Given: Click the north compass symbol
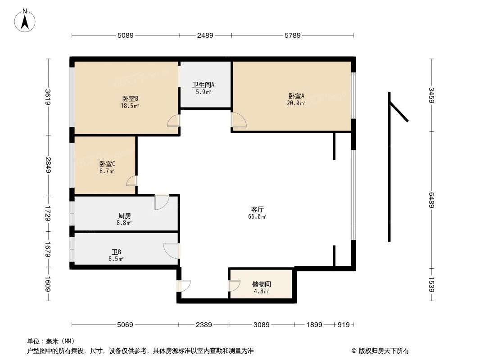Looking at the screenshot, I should (x=25, y=20).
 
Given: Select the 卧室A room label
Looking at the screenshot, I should (x=296, y=96).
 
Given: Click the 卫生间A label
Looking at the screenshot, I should (x=203, y=85).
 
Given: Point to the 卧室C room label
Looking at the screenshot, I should (x=107, y=164).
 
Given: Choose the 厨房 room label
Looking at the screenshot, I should (x=124, y=216).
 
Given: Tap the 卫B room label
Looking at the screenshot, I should (x=116, y=252).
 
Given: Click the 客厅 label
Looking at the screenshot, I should (x=257, y=209).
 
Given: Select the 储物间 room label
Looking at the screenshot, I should (x=261, y=284).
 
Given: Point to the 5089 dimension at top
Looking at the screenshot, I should (x=125, y=35).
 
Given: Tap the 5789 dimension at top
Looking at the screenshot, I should (x=292, y=35).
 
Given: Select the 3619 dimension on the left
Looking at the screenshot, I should (x=48, y=97).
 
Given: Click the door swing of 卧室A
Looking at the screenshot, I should (x=239, y=120).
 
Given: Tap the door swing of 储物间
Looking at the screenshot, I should (x=235, y=286).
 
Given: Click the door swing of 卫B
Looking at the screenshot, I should (x=172, y=251).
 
